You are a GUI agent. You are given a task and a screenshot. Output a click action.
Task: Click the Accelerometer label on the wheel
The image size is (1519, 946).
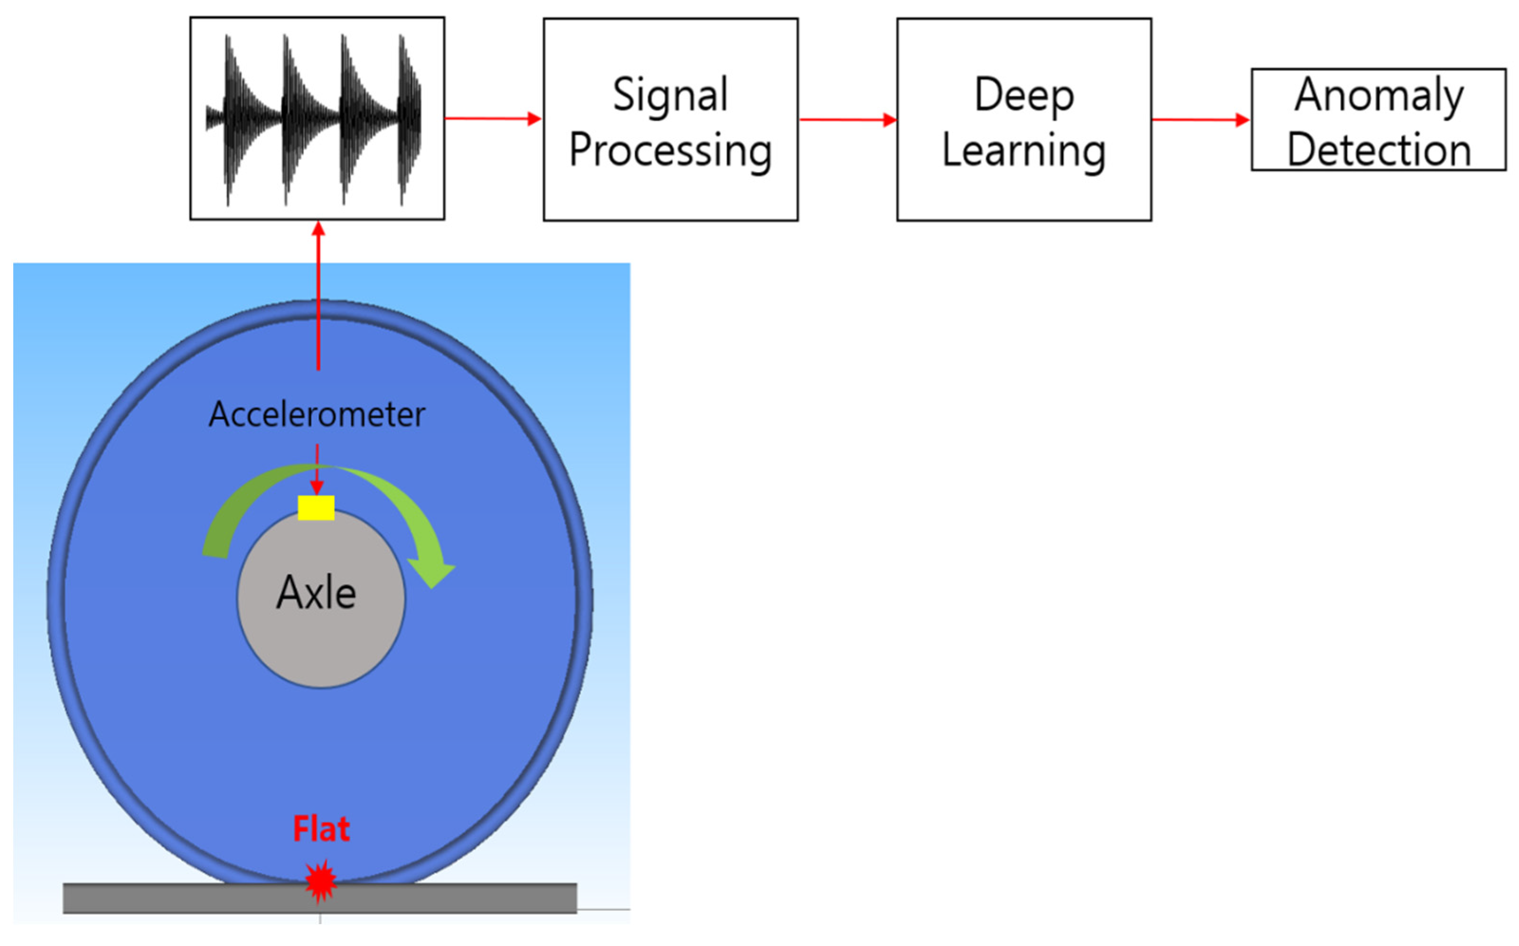click(x=317, y=414)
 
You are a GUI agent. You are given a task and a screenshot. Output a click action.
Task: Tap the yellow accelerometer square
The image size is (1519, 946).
click(x=316, y=507)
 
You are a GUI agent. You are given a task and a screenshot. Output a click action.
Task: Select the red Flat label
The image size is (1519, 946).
click(x=321, y=829)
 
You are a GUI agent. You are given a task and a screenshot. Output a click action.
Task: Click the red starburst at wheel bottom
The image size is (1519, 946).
click(x=321, y=881)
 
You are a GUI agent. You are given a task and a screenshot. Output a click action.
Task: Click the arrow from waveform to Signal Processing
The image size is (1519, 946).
click(x=492, y=118)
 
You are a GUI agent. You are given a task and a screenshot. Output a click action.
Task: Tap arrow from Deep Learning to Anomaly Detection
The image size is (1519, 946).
click(x=1200, y=120)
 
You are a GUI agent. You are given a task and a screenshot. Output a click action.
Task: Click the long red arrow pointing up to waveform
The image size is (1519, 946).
click(x=318, y=294)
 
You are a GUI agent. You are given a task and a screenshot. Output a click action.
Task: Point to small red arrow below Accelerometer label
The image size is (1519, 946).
click(x=317, y=469)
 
